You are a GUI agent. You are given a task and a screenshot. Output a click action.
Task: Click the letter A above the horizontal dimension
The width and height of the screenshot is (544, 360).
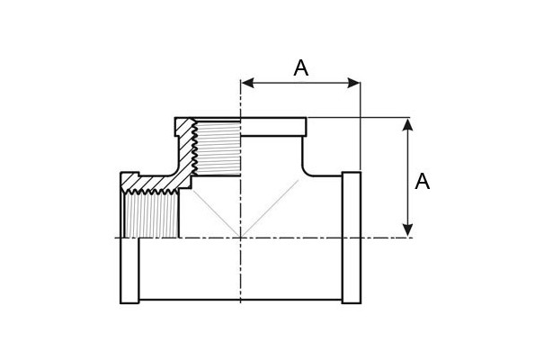300,67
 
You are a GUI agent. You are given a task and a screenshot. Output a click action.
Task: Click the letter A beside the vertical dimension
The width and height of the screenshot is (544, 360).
423,181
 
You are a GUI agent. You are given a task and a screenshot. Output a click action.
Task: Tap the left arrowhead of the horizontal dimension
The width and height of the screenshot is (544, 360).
247,83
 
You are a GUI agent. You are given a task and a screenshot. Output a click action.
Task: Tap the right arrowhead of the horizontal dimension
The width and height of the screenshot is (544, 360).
353,83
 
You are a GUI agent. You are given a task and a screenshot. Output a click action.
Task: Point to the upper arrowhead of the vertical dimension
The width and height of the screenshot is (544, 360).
408,124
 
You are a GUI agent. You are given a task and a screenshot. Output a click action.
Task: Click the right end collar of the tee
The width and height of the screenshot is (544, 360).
352,238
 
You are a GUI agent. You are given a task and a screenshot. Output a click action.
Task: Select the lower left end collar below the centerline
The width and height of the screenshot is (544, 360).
129,270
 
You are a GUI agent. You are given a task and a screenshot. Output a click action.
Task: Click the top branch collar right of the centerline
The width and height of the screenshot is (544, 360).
273,127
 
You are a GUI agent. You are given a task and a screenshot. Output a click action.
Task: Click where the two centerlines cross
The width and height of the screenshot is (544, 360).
240,238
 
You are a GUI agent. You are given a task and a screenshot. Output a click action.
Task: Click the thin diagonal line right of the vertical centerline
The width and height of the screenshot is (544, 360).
270,209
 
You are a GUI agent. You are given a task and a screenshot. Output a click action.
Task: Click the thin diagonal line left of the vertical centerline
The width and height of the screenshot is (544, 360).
216,213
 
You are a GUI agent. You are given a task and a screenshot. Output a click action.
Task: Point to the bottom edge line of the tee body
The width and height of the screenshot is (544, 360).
240,299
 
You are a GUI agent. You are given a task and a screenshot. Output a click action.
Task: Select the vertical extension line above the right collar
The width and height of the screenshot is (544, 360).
361,126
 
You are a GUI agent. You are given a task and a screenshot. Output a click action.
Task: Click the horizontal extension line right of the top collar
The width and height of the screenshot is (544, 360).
359,118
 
